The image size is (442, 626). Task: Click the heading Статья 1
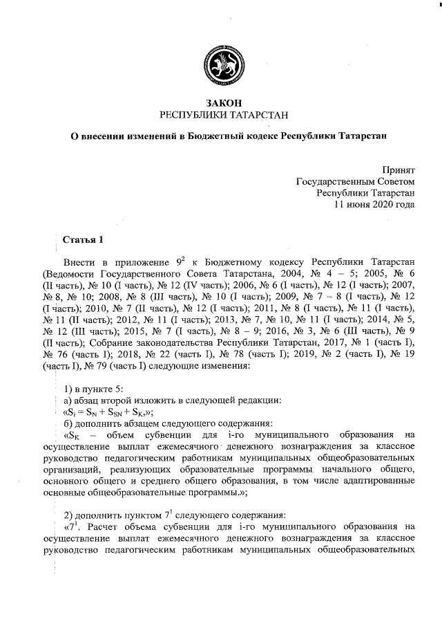click(83, 240)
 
